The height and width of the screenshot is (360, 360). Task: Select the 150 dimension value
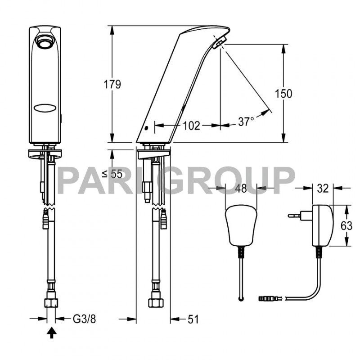click(284, 94)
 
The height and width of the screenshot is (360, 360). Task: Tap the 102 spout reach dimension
click(191, 126)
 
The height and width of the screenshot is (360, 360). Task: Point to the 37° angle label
click(246, 121)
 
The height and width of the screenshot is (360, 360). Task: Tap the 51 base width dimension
click(193, 319)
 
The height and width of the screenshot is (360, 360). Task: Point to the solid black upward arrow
click(52, 333)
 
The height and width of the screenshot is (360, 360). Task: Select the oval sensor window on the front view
click(45, 108)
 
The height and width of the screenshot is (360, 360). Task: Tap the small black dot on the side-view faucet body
click(146, 128)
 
